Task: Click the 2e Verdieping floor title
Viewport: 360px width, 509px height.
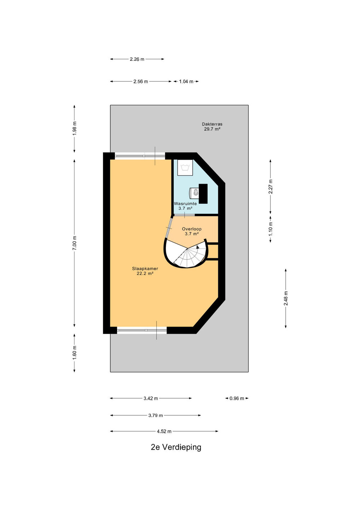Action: click(176, 447)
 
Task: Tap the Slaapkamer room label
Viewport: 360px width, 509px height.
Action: click(145, 268)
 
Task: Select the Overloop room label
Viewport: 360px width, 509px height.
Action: click(192, 229)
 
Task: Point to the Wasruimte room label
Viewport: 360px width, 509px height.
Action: click(185, 204)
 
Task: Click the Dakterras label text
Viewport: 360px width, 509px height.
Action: click(212, 124)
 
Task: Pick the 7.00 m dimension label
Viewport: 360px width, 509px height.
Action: click(75, 243)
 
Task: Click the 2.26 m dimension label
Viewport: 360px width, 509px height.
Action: click(137, 59)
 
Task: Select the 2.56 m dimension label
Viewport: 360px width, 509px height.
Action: click(140, 81)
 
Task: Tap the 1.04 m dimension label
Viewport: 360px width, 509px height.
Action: click(186, 81)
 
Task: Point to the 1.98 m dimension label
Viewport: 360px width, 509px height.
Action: click(75, 128)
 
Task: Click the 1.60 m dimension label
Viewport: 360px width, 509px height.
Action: click(75, 353)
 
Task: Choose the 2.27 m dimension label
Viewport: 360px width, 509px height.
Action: click(271, 186)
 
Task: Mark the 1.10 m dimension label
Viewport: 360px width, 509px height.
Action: click(271, 229)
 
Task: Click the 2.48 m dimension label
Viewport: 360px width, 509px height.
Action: click(286, 298)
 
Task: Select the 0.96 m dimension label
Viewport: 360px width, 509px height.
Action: click(237, 398)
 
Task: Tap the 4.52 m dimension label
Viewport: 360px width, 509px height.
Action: click(164, 431)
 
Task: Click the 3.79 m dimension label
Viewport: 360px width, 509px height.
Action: click(156, 415)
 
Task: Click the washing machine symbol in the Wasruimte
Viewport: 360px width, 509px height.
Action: click(185, 168)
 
